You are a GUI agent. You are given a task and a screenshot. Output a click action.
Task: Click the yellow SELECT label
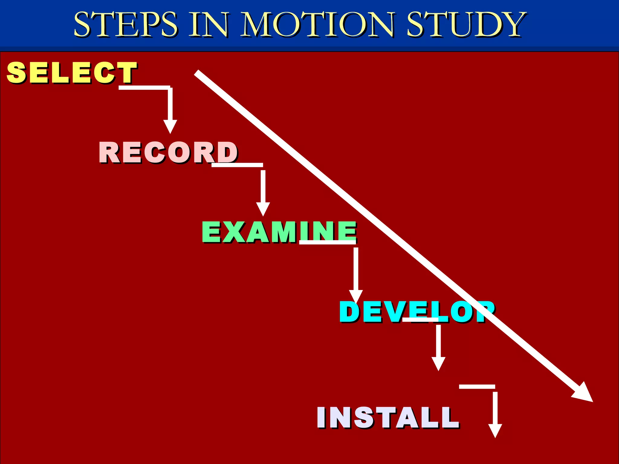tap(72, 72)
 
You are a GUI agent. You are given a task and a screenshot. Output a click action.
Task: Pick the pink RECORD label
tap(168, 152)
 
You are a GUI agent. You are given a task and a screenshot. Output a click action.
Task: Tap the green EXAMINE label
tap(279, 232)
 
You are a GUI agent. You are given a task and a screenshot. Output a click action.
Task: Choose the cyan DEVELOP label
tap(417, 312)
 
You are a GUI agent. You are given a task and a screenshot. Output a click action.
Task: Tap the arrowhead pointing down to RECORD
tap(170, 126)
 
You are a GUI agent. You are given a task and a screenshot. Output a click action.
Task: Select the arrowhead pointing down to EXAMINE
tap(263, 209)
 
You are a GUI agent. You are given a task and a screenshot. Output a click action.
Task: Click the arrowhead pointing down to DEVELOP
tap(356, 296)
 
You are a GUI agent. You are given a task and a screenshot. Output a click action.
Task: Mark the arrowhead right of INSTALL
tap(495, 430)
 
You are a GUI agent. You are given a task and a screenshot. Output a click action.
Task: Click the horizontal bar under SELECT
tap(144, 88)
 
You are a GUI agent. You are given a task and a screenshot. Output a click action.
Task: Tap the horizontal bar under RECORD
tap(237, 165)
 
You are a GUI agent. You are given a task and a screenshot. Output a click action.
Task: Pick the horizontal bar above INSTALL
tap(477, 387)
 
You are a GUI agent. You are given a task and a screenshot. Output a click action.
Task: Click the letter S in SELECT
tap(17, 72)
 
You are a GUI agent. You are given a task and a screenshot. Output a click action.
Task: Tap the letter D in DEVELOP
tap(350, 312)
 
